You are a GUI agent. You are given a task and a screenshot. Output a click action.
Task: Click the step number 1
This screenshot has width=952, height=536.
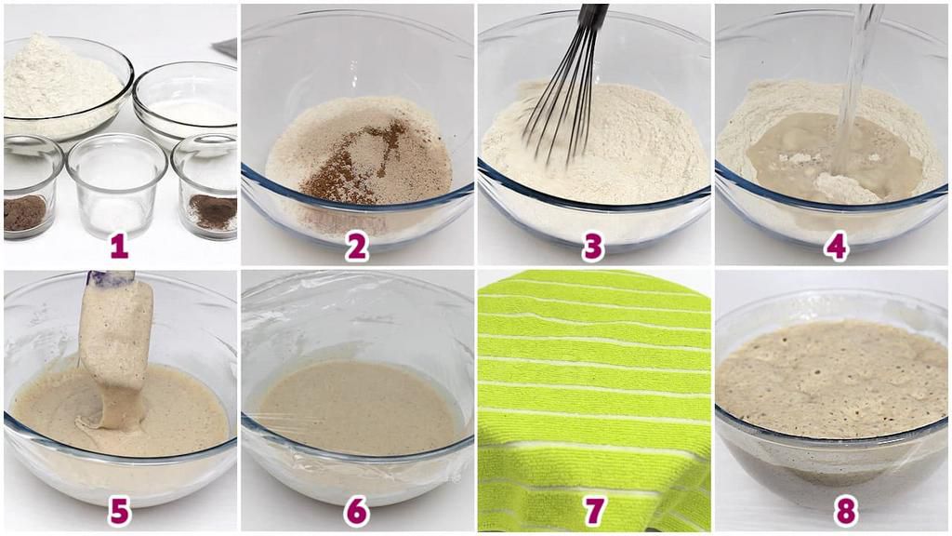pyautogui.click(x=118, y=246)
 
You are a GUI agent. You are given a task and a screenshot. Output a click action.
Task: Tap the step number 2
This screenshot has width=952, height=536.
pyautogui.click(x=357, y=246)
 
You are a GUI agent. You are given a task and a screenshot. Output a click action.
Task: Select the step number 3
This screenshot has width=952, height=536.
pyautogui.click(x=593, y=246)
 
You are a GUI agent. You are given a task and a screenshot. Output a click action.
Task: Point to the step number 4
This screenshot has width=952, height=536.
pyautogui.click(x=837, y=246)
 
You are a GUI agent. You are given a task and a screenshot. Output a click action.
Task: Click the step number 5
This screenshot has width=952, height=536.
pyautogui.click(x=118, y=510)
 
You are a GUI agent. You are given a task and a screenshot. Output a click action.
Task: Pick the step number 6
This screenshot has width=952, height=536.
pyautogui.click(x=357, y=510)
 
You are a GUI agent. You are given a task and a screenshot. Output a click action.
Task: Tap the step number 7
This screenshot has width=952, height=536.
pyautogui.click(x=593, y=510)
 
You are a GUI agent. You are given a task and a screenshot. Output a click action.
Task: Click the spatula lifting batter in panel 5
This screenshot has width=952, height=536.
pyautogui.click(x=116, y=335)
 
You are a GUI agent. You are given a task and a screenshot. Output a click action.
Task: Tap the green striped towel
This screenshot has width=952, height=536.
pyautogui.click(x=593, y=391)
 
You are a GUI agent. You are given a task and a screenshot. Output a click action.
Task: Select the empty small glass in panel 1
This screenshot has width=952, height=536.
pyautogui.click(x=117, y=182)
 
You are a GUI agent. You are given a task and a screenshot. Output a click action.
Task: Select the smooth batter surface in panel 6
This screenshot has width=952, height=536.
pyautogui.click(x=358, y=409)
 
